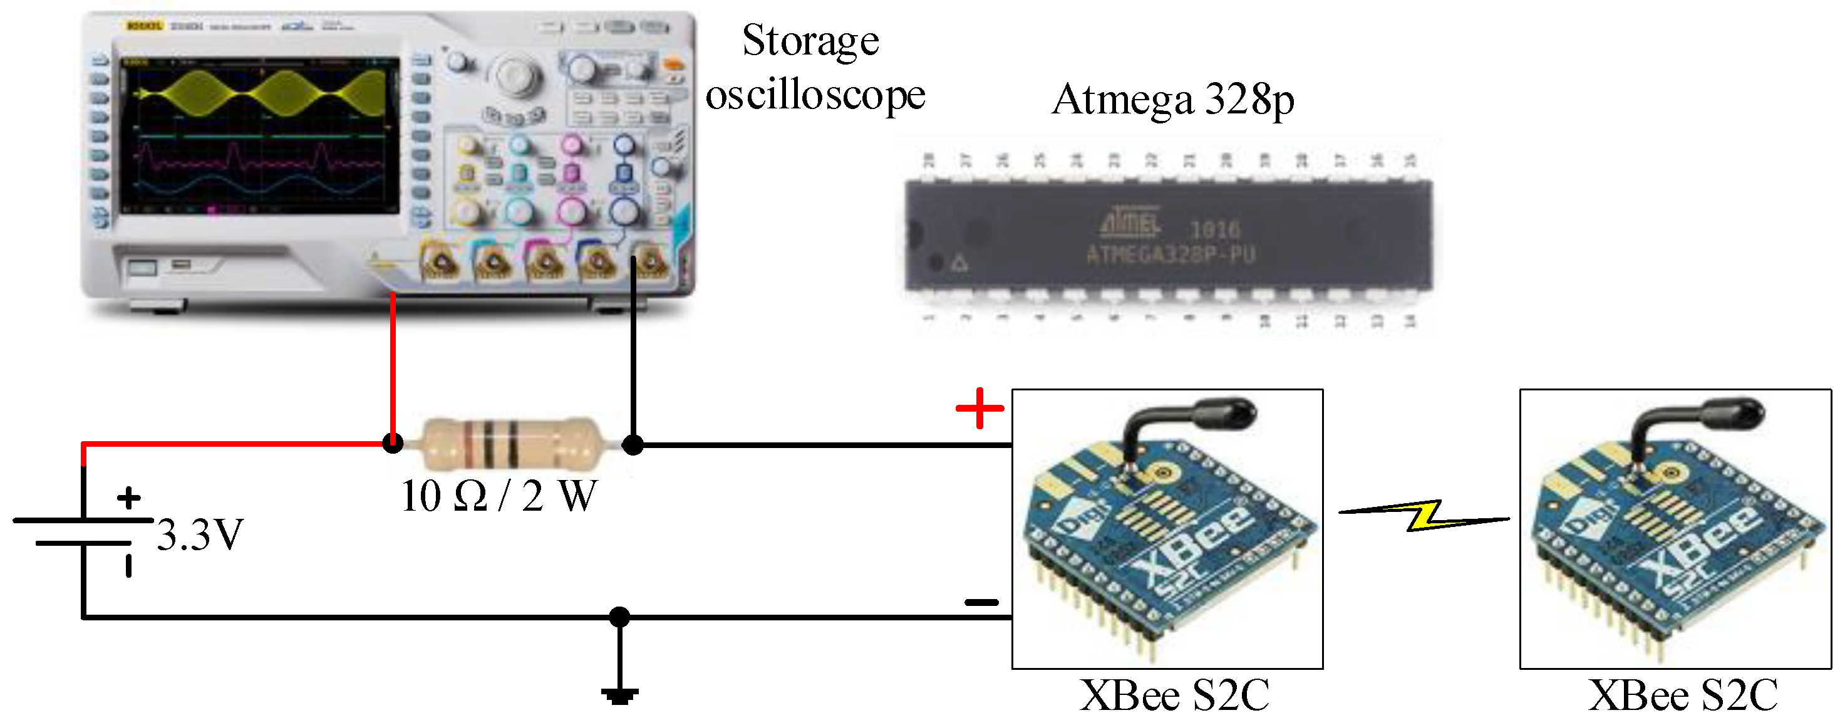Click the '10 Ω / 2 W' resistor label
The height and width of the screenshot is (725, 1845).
click(499, 496)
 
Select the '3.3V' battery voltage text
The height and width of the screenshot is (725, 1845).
click(200, 535)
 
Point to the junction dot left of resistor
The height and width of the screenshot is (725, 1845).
click(393, 444)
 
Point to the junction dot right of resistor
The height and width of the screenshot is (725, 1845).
click(633, 445)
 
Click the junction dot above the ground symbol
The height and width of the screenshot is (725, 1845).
click(619, 617)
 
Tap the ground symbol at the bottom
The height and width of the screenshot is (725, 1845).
click(619, 695)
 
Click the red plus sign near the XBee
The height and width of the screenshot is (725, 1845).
click(979, 409)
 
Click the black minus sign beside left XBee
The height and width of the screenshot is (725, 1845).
click(981, 602)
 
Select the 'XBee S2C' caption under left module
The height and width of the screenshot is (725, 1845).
click(1175, 695)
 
